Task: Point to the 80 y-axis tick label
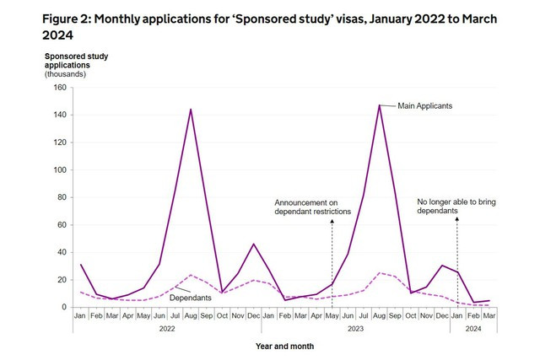click(61, 197)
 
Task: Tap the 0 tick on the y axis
click(63, 307)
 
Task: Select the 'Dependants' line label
click(190, 298)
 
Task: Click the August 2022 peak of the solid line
click(191, 110)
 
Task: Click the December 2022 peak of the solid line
click(254, 244)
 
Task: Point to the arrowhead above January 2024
click(457, 218)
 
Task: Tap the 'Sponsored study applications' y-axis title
click(76, 62)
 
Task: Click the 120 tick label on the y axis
click(58, 142)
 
